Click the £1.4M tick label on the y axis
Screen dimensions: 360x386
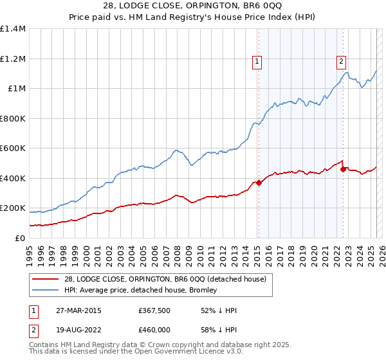[x=13, y=29]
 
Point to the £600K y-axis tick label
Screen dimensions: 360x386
[x=13, y=148]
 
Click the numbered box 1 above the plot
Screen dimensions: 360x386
[x=257, y=62]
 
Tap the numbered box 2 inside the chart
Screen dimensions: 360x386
[x=340, y=62]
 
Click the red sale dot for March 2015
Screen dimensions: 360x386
[x=259, y=183]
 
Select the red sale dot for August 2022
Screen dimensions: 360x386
[x=343, y=169]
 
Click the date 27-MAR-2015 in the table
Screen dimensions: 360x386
[x=78, y=310]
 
